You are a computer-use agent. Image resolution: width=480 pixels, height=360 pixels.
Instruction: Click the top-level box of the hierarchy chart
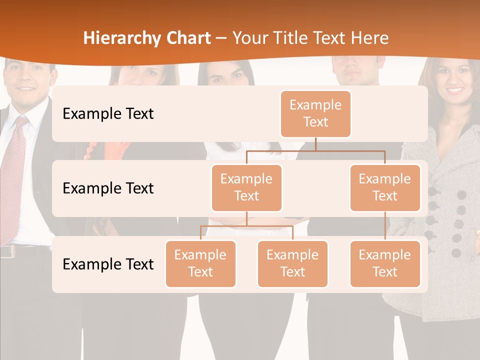pyautogui.click(x=315, y=113)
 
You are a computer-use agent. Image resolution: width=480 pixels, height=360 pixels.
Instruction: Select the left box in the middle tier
pyautogui.click(x=246, y=187)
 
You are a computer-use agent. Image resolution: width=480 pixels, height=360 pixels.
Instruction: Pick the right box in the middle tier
pyautogui.click(x=385, y=187)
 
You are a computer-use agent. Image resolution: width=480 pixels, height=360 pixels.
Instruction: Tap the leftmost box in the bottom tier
pyautogui.click(x=200, y=263)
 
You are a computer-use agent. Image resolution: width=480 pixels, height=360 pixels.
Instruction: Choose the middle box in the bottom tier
pyautogui.click(x=292, y=263)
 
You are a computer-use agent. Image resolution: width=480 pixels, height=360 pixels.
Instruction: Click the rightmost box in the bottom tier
pyautogui.click(x=385, y=263)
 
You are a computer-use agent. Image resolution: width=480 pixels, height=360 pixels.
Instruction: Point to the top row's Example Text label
pyautogui.click(x=108, y=113)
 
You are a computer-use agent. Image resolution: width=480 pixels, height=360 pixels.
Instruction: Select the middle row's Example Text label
pyautogui.click(x=108, y=188)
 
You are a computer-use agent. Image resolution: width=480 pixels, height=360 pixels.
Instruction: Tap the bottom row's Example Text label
pyautogui.click(x=108, y=264)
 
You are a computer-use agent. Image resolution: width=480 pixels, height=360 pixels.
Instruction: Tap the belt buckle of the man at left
pyautogui.click(x=6, y=251)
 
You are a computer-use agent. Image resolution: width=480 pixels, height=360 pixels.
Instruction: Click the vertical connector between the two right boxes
pyautogui.click(x=385, y=226)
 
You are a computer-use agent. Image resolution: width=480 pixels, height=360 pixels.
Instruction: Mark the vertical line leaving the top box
pyautogui.click(x=315, y=143)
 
